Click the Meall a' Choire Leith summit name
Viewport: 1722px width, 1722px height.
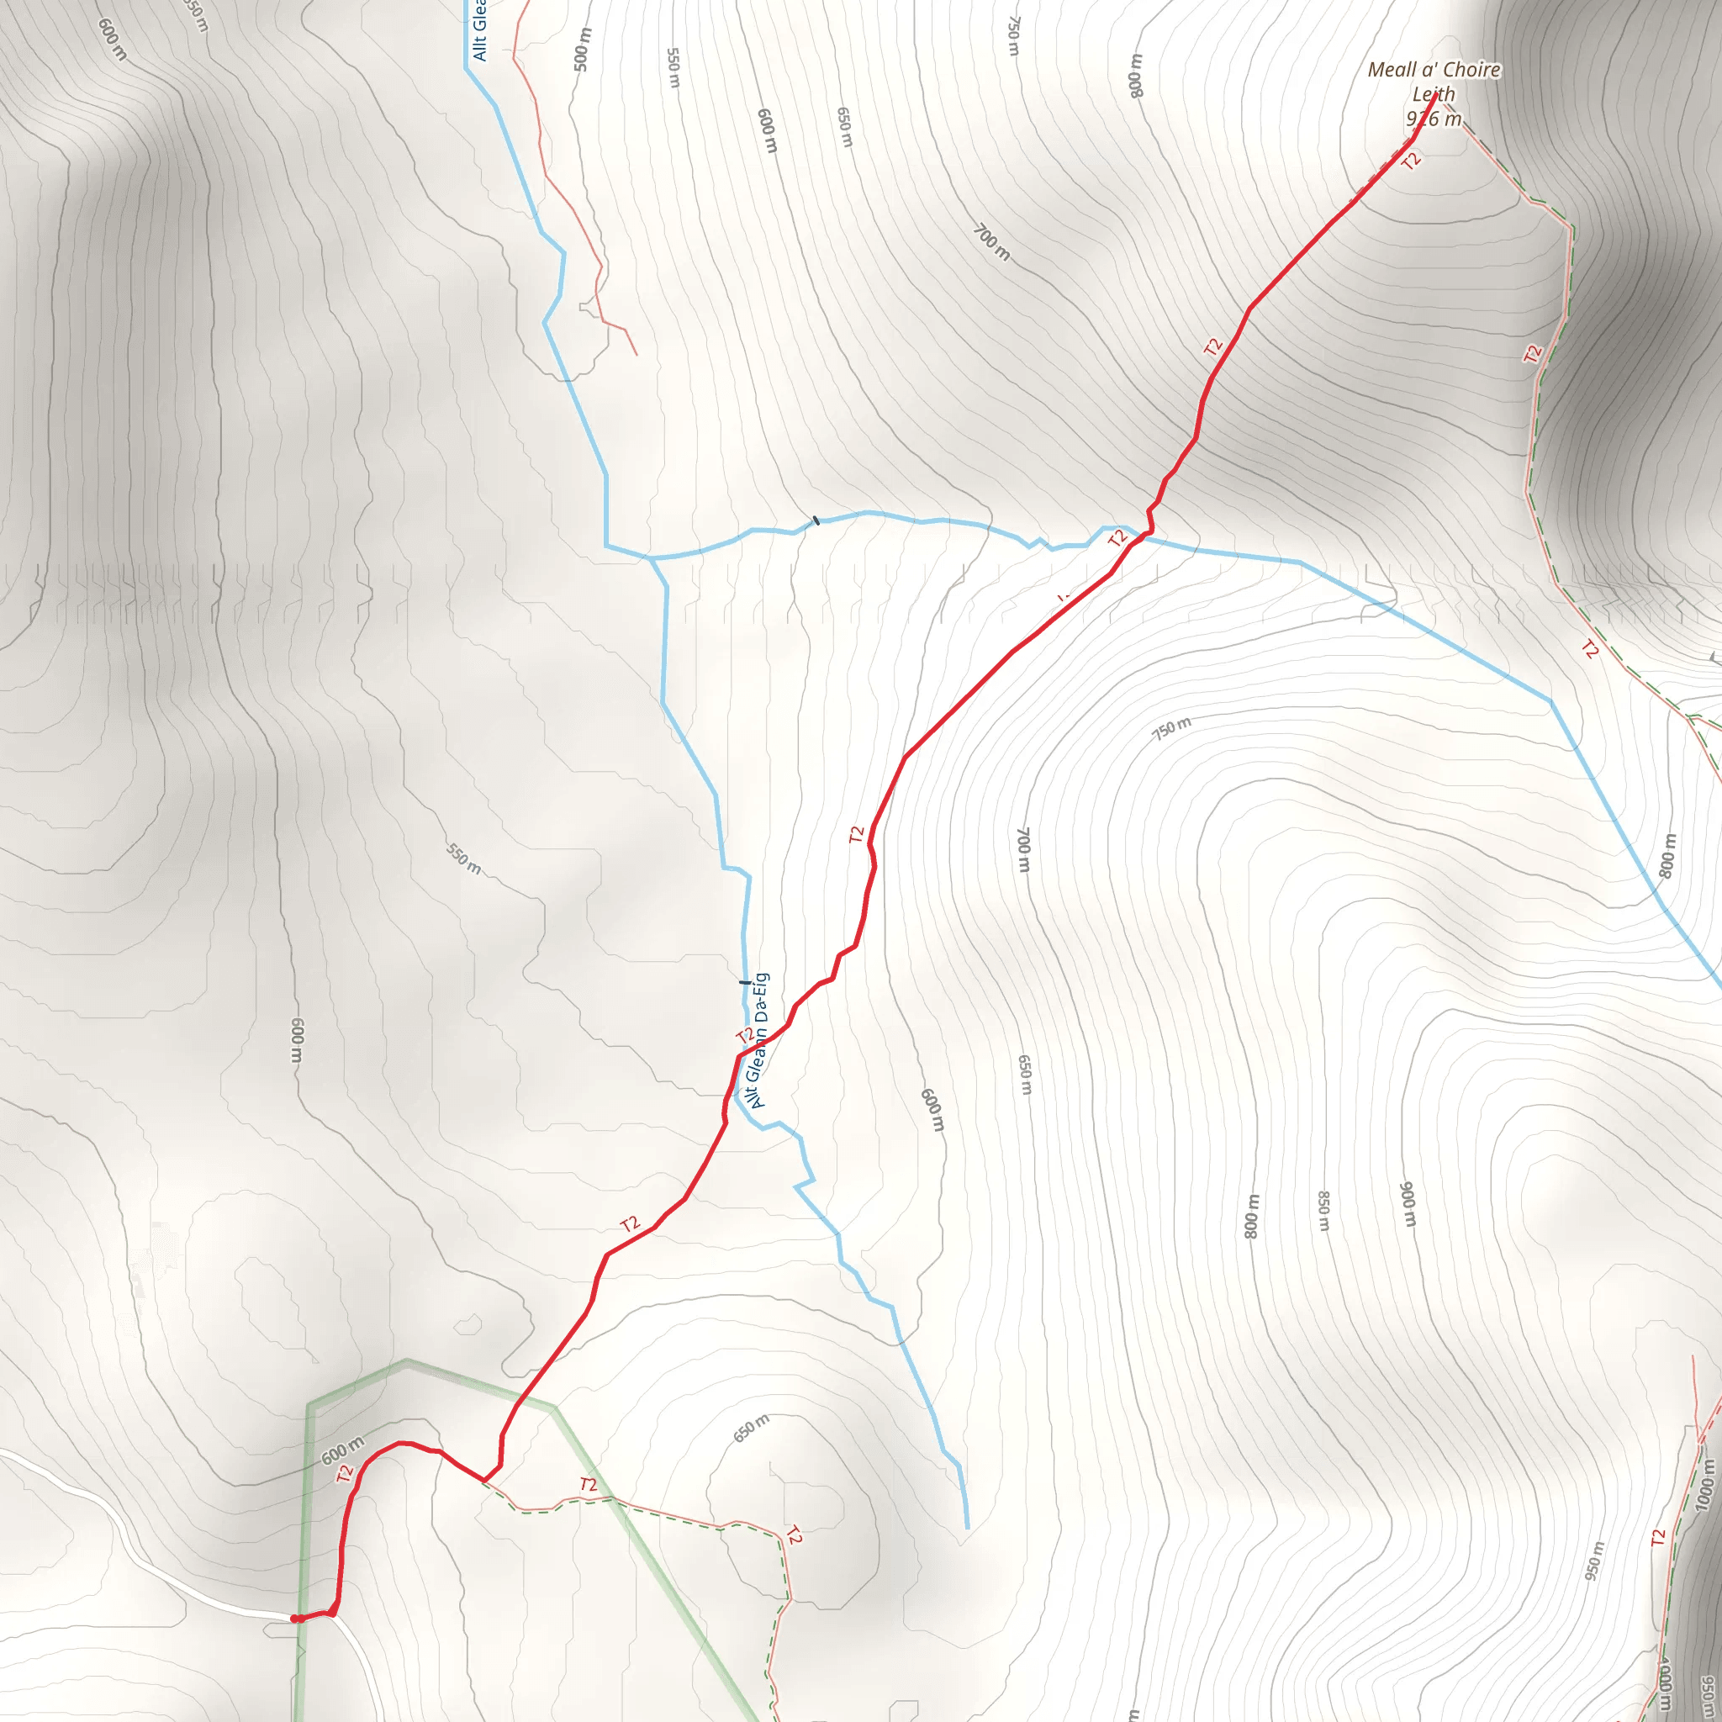(1434, 81)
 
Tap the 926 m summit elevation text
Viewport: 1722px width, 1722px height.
(1434, 119)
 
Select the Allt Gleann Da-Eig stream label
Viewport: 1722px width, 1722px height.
(758, 1040)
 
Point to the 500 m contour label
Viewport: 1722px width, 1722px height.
(581, 50)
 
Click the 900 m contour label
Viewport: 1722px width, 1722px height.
(1408, 1203)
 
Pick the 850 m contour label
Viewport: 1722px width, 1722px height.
(1323, 1211)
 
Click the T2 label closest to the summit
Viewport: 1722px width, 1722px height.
(1411, 161)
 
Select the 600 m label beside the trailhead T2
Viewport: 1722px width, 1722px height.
(342, 1450)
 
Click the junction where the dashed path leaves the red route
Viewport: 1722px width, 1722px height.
(484, 1482)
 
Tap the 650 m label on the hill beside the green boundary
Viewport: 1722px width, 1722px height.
(751, 1428)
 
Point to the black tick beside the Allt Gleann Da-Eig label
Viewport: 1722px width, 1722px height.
(745, 982)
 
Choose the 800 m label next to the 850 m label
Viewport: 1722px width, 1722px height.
(1251, 1216)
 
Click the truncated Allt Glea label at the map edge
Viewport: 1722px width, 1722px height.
(479, 31)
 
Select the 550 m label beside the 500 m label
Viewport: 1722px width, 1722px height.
(673, 68)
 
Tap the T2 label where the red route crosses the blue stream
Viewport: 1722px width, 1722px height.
(1117, 538)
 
